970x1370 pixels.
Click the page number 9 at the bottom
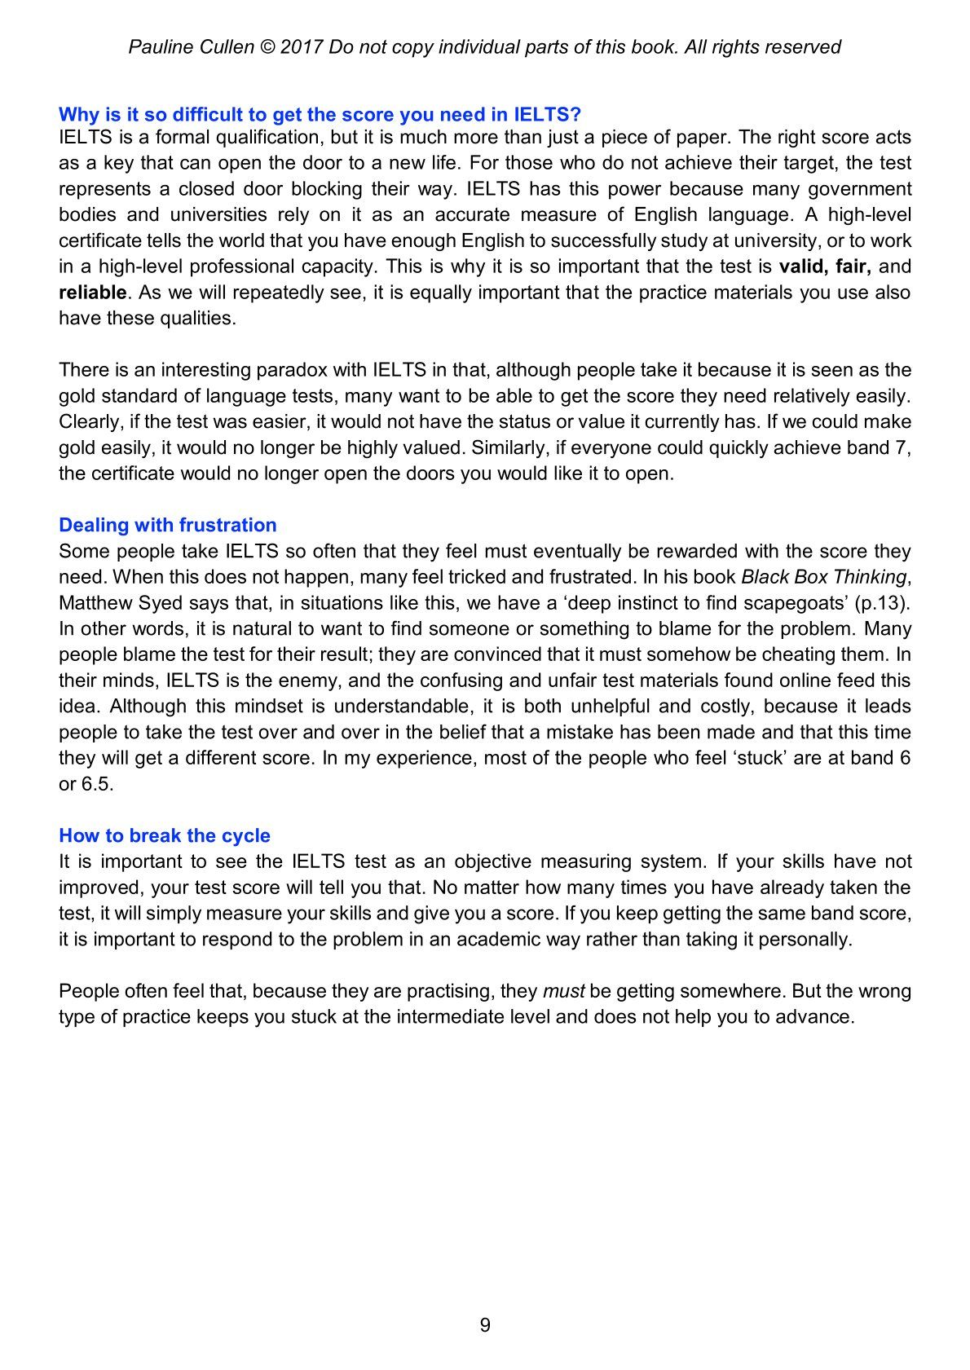[x=485, y=1325]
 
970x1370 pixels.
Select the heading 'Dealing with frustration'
[x=167, y=525]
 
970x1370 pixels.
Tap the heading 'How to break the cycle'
[x=164, y=835]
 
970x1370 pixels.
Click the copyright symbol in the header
[x=267, y=47]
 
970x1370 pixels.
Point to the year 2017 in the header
[x=302, y=47]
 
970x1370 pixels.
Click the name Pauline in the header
[x=159, y=47]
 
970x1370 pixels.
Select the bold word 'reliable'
[x=92, y=293]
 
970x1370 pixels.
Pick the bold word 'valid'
[x=804, y=267]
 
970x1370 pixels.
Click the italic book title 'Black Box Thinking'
[x=822, y=577]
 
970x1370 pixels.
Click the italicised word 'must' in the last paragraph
[x=563, y=991]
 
